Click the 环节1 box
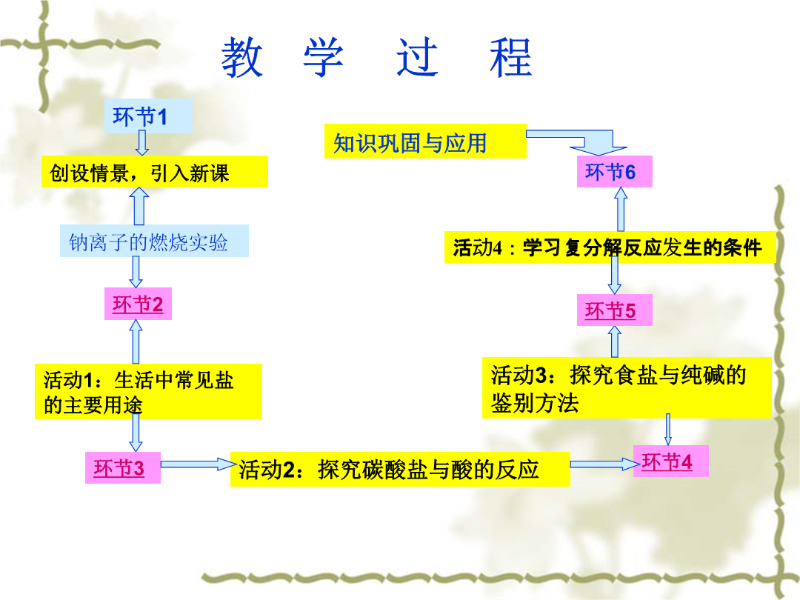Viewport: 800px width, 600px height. [x=148, y=116]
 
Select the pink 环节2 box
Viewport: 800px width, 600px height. [x=138, y=304]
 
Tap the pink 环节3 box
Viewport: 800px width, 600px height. [x=122, y=467]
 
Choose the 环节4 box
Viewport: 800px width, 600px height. [x=670, y=461]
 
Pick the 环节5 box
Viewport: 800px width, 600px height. [x=614, y=310]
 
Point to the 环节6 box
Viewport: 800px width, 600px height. [x=614, y=172]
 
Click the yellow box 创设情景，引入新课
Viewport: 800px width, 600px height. [x=155, y=172]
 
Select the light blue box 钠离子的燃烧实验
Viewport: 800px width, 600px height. [x=154, y=241]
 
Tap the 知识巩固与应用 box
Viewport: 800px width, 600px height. [x=425, y=141]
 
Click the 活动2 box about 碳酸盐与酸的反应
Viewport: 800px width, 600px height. [x=400, y=469]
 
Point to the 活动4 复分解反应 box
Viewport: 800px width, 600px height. [x=610, y=247]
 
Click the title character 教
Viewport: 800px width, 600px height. [x=241, y=57]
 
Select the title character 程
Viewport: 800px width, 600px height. [x=510, y=57]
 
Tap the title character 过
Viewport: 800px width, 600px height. [x=417, y=57]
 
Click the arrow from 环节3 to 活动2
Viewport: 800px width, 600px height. [x=199, y=464]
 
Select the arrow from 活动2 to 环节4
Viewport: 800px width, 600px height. [x=604, y=464]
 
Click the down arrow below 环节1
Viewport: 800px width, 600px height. [x=141, y=143]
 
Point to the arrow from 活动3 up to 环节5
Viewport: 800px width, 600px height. [x=614, y=341]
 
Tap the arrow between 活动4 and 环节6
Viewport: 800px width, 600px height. [x=621, y=209]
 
